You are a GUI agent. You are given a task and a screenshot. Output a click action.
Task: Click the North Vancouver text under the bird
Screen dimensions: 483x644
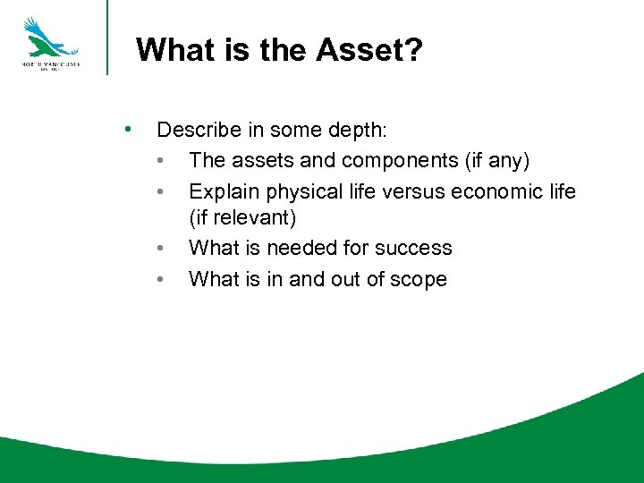point(51,65)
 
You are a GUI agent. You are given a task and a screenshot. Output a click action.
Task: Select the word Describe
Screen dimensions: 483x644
point(199,130)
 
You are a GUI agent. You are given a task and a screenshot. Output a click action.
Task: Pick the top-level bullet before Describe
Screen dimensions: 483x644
point(131,129)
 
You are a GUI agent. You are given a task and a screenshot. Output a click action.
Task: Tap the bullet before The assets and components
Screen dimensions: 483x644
point(159,161)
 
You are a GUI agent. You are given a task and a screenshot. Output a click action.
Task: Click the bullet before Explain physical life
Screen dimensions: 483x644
point(159,191)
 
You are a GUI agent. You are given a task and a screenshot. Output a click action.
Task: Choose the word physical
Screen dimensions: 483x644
point(301,191)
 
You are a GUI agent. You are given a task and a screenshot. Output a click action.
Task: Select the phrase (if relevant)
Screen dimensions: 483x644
point(242,217)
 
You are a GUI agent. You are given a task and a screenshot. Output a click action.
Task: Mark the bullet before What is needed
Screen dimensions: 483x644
point(159,248)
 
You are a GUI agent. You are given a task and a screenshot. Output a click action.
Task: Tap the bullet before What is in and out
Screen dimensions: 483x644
point(159,279)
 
